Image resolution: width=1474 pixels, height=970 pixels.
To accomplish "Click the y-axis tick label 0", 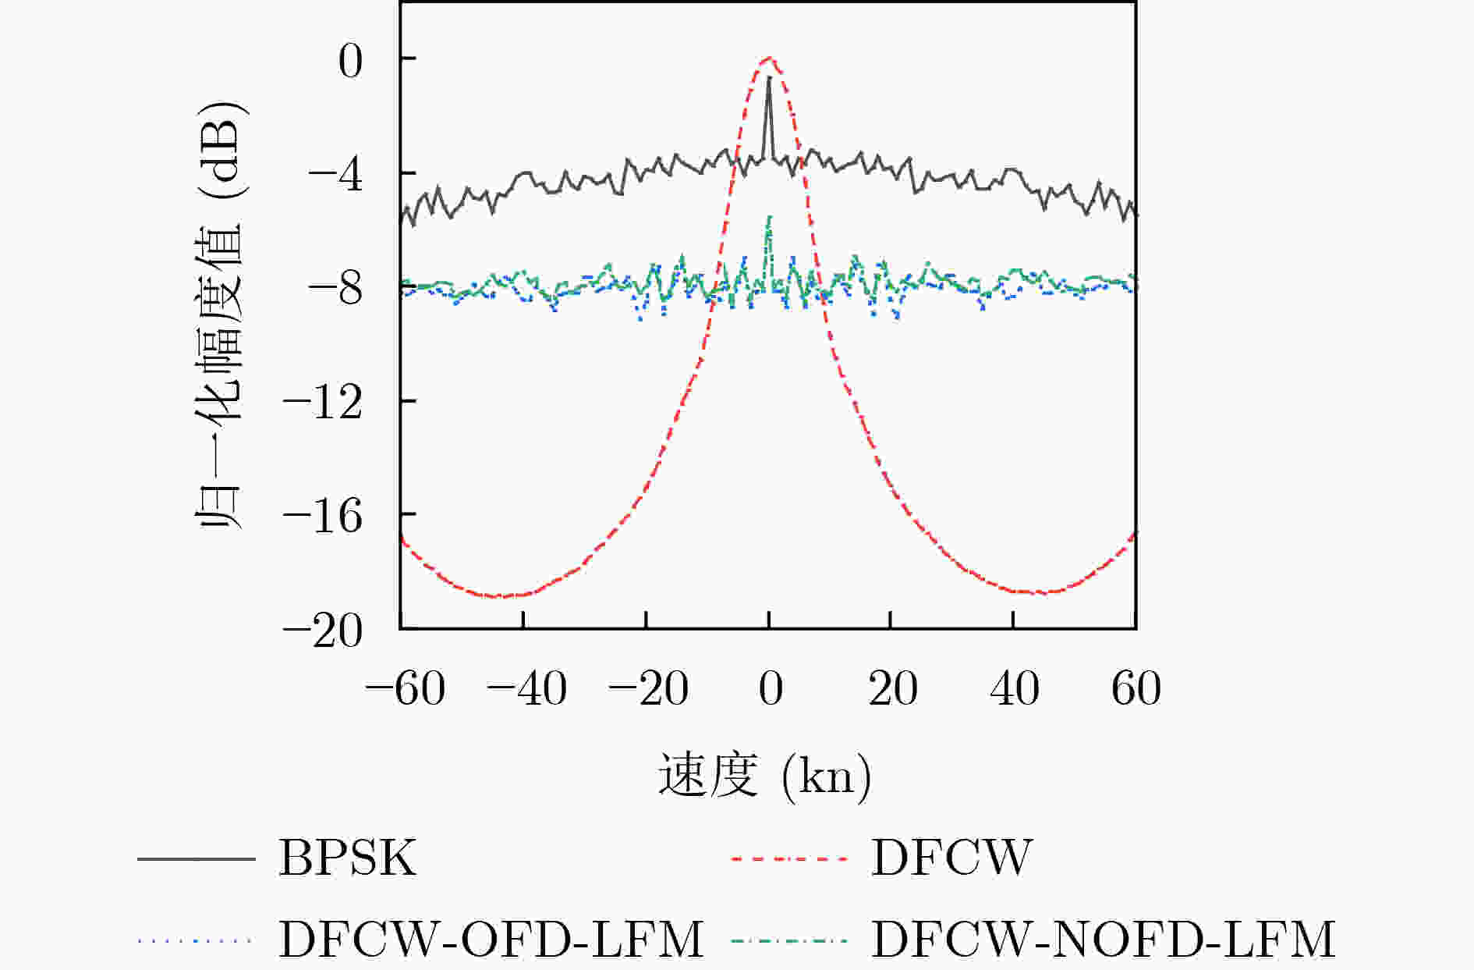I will (350, 62).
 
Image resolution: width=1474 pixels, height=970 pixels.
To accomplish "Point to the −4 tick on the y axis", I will (336, 176).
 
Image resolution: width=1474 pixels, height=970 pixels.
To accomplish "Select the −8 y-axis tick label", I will (336, 290).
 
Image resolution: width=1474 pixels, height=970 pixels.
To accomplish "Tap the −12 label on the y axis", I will (323, 404).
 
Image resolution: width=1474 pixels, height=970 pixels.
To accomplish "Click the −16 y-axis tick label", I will (323, 518).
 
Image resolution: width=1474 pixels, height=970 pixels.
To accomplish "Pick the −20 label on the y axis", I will (323, 632).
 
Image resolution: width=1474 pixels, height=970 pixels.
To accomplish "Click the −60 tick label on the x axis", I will (406, 689).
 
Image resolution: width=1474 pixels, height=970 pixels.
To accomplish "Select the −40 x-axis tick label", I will (526, 689).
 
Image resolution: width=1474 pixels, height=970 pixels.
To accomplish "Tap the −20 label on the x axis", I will (648, 689).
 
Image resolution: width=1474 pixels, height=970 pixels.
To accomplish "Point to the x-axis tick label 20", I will (892, 689).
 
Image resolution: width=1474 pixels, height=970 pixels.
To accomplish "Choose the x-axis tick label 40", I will (1014, 689).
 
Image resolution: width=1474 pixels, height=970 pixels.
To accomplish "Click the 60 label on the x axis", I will (1136, 689).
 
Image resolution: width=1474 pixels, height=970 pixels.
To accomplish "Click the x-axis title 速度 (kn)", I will (764, 776).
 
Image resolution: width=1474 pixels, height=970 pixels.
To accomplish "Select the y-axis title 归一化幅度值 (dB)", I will (221, 316).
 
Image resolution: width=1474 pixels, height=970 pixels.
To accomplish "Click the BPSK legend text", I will (347, 858).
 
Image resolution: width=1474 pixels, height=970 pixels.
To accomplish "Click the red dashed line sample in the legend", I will (789, 859).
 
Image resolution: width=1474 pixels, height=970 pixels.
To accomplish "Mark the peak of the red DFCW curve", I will (769, 58).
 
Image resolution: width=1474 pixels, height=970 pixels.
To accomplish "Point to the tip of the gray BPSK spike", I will (769, 77).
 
